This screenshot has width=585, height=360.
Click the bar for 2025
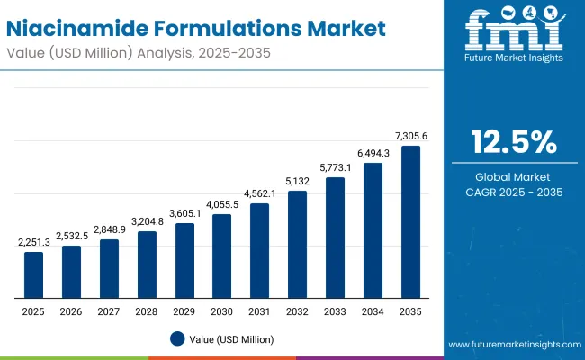(x=33, y=275)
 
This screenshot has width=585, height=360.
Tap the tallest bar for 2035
(x=410, y=221)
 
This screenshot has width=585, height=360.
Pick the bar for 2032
(x=297, y=244)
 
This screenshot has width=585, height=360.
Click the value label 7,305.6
(x=410, y=136)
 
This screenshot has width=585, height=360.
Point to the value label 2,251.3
(x=33, y=243)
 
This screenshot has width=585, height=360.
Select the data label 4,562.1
(x=259, y=193)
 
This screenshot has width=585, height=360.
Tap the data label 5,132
(x=297, y=181)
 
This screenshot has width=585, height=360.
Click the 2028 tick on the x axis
(x=147, y=310)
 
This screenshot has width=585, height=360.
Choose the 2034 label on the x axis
(x=373, y=310)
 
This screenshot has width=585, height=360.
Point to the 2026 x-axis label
(x=71, y=310)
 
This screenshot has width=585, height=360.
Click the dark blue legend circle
(x=177, y=339)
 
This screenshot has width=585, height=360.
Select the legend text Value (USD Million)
(x=231, y=339)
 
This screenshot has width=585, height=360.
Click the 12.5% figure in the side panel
(x=514, y=142)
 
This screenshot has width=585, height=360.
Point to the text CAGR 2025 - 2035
(x=514, y=192)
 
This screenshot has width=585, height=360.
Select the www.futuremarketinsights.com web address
(x=510, y=345)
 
